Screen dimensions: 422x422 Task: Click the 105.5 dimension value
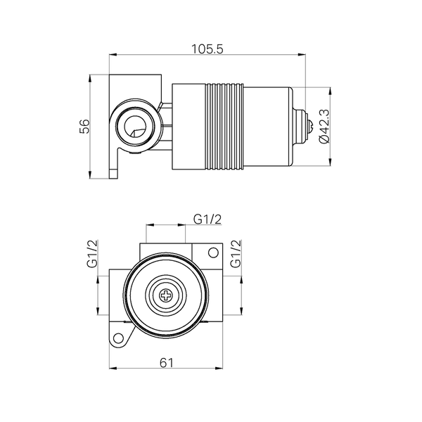(207, 49)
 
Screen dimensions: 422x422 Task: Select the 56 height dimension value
(84, 126)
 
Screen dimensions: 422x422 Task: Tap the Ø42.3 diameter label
(324, 126)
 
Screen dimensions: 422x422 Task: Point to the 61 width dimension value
(167, 363)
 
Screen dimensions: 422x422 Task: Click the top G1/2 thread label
(207, 219)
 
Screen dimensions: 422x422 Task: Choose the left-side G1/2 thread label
(92, 253)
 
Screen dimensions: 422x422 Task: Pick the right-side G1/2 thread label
(236, 253)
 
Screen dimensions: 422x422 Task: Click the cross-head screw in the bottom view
(166, 295)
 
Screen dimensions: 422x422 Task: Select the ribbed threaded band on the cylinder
(224, 127)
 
